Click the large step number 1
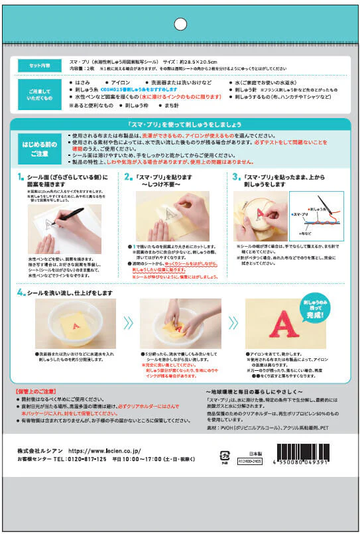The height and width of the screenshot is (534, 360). click(21, 178)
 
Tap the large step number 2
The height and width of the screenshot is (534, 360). click(129, 178)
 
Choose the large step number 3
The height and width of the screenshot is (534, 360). click(235, 178)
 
